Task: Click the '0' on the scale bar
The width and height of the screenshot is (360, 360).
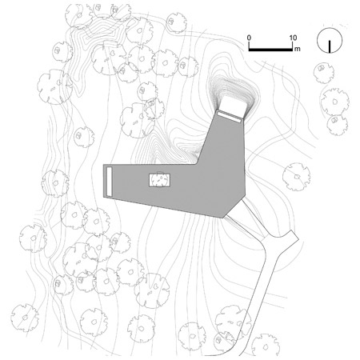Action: tap(249, 38)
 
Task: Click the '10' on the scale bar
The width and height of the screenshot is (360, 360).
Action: tap(293, 38)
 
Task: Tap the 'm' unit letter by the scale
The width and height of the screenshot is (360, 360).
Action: tap(297, 49)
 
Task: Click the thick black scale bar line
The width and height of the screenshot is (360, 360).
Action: tap(270, 50)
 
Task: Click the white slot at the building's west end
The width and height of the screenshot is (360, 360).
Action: tap(109, 182)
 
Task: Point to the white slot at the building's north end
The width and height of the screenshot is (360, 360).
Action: tap(229, 117)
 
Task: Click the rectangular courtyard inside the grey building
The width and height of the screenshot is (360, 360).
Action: tap(159, 180)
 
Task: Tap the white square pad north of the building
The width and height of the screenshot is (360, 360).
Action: tap(233, 106)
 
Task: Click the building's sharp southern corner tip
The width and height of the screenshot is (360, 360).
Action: tap(222, 218)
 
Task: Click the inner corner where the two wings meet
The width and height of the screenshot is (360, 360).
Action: tap(197, 163)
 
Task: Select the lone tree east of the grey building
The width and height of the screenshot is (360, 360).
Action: tap(296, 177)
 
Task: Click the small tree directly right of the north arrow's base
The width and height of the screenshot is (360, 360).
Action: tap(324, 73)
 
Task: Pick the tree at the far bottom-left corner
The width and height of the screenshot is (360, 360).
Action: tap(25, 318)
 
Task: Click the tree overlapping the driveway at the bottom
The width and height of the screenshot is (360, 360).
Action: tap(233, 322)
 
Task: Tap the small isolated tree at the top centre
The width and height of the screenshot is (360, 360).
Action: tap(176, 22)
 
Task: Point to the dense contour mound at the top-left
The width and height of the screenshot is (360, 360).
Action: tap(102, 33)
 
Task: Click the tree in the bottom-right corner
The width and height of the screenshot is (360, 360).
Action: tap(266, 346)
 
